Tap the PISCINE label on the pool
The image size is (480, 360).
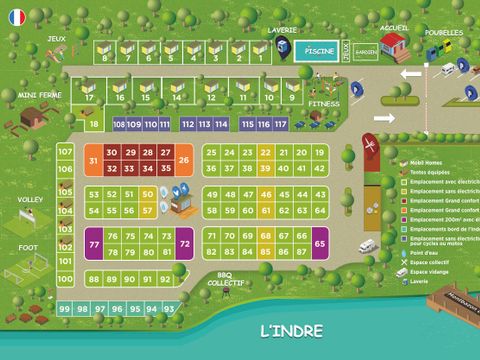click(318, 50)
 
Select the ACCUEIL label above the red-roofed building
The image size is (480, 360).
click(395, 28)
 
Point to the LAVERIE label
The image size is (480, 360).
click(283, 30)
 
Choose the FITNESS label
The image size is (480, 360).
click(323, 103)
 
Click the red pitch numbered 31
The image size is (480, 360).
click(92, 160)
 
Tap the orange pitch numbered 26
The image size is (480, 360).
click(183, 160)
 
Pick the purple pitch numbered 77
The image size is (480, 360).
click(94, 244)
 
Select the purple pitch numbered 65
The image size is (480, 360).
click(320, 243)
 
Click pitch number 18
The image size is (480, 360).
click(93, 124)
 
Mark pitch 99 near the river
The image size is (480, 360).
click(64, 309)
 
